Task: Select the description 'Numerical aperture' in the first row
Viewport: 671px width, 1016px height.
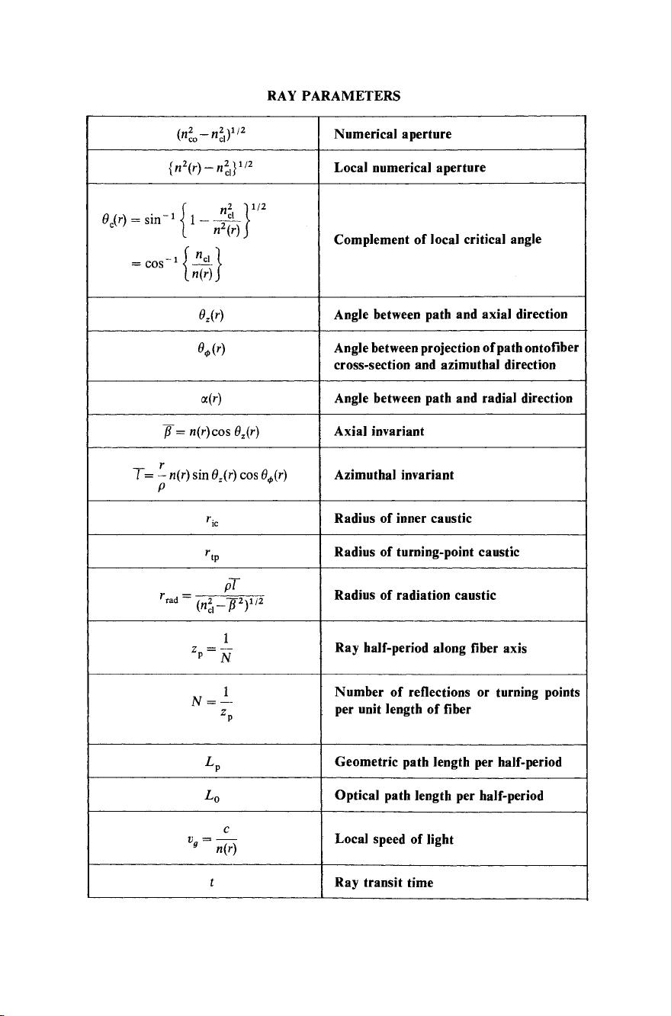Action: point(393,134)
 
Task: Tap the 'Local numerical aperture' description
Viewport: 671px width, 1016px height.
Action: point(409,168)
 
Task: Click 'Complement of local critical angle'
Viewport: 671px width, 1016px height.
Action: point(438,239)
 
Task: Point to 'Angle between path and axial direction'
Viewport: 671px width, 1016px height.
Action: point(451,314)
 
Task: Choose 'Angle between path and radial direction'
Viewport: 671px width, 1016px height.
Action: point(453,398)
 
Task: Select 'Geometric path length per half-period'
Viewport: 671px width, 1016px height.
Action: point(448,762)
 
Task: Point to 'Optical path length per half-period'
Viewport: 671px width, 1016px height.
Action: point(439,796)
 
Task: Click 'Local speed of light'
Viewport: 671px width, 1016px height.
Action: point(394,839)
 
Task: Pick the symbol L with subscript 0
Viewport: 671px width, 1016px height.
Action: point(213,796)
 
